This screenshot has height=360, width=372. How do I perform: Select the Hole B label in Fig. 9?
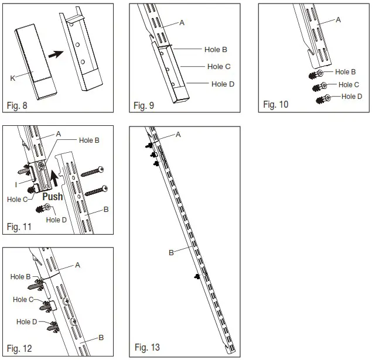click(217, 50)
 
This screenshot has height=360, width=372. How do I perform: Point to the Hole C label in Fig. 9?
click(219, 67)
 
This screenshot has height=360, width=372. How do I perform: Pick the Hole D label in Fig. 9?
click(223, 84)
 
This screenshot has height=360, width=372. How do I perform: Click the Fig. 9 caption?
click(144, 105)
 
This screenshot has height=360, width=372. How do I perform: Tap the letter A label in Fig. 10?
click(338, 20)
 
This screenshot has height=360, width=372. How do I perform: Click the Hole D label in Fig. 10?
click(352, 97)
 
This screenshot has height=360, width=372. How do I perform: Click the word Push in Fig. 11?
click(53, 197)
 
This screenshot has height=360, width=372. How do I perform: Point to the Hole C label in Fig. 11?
click(19, 200)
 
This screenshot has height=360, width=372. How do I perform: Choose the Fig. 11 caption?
click(19, 227)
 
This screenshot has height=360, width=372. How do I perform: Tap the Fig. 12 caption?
click(19, 349)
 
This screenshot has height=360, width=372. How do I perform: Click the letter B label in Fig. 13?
click(172, 253)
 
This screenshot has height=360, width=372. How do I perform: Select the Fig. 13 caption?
click(146, 348)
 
